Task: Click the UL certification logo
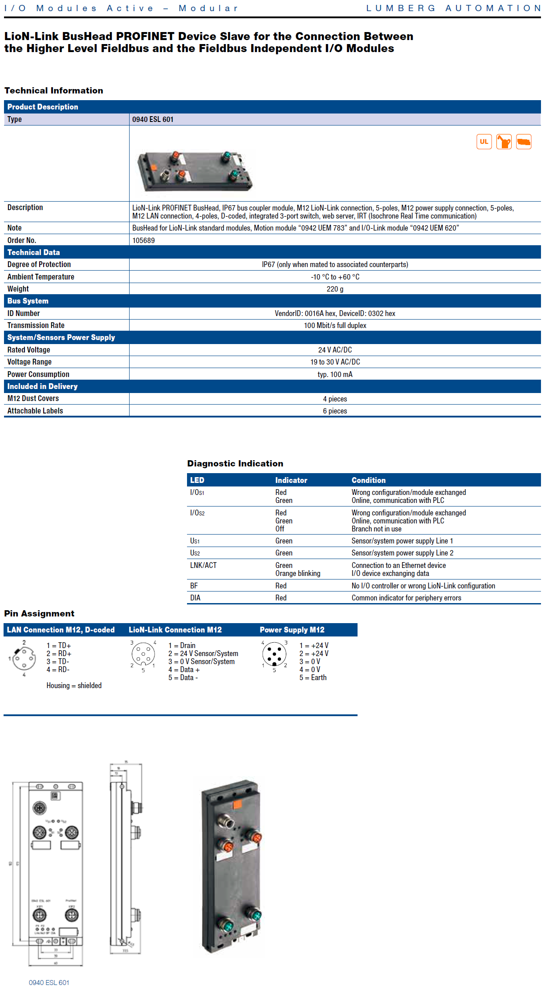point(484,142)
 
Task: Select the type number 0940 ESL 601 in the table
point(153,119)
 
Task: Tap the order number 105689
point(143,240)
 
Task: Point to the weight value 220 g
point(335,289)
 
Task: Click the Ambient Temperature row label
point(41,277)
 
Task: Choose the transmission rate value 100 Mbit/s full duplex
point(335,325)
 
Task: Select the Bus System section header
point(28,301)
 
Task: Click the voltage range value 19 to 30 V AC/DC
point(335,362)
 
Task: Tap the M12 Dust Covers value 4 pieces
point(335,399)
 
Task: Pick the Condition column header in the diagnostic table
point(368,480)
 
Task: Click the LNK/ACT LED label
point(203,565)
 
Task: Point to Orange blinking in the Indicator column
point(297,573)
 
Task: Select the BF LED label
point(194,586)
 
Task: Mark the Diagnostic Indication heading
point(235,463)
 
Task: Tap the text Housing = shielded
point(74,685)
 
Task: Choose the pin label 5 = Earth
point(313,677)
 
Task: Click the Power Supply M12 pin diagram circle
point(274,654)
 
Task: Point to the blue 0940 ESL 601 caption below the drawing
point(49,982)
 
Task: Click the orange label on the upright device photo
point(237,804)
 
